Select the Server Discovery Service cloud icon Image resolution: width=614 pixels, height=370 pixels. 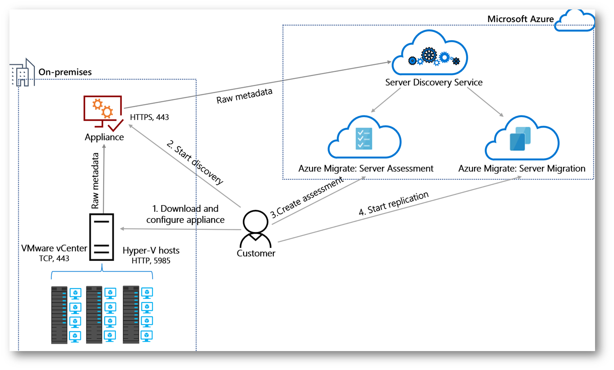[430, 53]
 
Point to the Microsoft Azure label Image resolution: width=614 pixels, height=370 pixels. [520, 19]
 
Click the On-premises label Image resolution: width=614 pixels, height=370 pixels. [65, 72]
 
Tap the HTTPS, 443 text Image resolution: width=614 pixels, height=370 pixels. [149, 117]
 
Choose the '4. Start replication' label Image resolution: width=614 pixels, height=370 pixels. [394, 204]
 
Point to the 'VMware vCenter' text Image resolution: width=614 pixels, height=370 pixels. [54, 249]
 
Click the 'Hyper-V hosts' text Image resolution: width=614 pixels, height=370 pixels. [151, 251]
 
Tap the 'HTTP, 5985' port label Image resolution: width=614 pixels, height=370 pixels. [151, 260]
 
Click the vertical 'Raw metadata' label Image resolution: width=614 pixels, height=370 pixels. [95, 180]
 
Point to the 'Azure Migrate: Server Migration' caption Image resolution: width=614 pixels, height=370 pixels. [522, 169]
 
